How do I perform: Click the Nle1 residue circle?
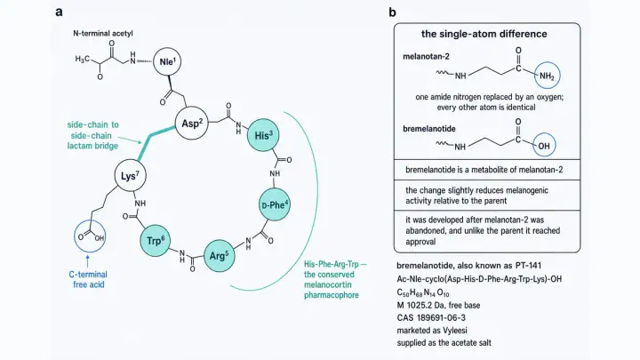coord(167,61)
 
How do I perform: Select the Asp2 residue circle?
coord(192,124)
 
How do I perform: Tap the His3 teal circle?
coord(263,135)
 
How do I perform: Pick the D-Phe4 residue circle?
coord(275,204)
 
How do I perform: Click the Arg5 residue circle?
coord(220,256)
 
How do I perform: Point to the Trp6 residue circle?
coord(155,240)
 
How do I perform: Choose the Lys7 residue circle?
coord(130,175)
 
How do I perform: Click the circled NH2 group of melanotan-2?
coord(547,76)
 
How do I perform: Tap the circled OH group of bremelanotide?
coord(544,146)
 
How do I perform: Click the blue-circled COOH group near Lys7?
coord(90,236)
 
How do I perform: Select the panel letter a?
coord(60,12)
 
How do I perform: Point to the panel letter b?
coord(392,12)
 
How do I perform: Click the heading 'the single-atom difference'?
coord(484,34)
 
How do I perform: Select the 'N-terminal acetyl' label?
coord(103,33)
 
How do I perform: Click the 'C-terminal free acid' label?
coord(89,280)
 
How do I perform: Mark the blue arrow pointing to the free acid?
coord(87,260)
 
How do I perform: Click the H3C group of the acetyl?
coord(82,60)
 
